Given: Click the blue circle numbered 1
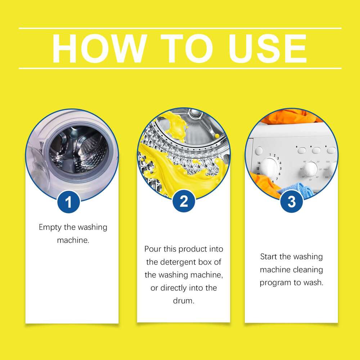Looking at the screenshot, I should point(68,202).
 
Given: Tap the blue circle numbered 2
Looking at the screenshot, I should point(184,201).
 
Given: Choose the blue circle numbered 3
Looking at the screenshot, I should point(291,202).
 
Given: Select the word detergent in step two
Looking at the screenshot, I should point(176,262).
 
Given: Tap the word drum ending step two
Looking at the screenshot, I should point(183,301).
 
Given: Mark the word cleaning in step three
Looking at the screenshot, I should point(307,270).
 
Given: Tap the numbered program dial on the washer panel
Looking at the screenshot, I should point(269,166).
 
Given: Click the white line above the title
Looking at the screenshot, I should point(180,28).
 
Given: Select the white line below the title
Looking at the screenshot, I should point(180,68).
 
